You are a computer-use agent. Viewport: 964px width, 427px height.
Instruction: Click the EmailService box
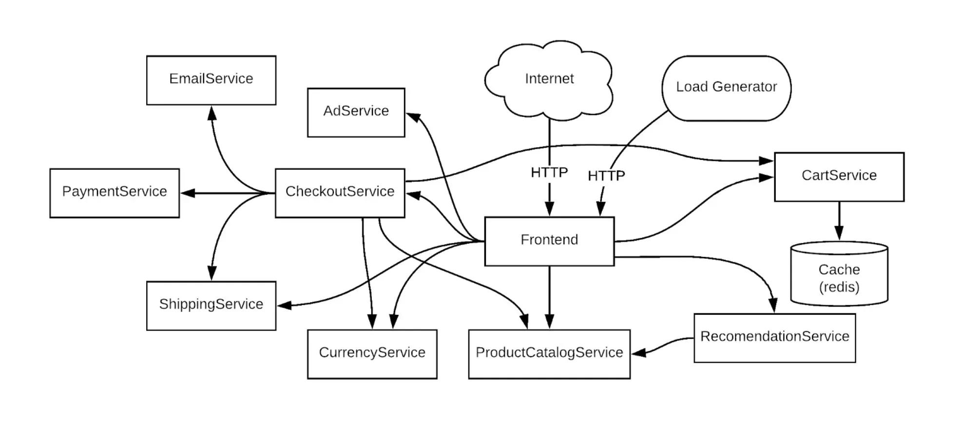coord(211,80)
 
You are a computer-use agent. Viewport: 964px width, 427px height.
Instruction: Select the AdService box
coord(356,112)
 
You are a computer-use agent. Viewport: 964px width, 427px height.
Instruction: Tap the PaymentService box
coord(115,193)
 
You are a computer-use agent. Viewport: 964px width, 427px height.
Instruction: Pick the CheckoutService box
coord(340,193)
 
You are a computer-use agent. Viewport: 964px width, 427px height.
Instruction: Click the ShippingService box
coord(211,306)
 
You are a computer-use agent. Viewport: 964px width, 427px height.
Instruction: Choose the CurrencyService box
coord(372,354)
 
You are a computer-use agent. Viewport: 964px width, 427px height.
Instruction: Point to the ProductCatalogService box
coord(549,354)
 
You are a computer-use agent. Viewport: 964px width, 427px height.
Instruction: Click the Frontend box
coord(549,241)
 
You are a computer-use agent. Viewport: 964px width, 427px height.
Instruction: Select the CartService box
coord(839,177)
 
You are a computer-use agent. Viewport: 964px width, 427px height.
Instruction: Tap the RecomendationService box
coord(774,338)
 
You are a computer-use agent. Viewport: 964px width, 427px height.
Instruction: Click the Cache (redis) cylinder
coord(839,273)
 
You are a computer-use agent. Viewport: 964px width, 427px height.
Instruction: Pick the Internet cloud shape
coord(549,80)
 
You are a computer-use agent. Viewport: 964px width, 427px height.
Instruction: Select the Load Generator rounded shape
coord(726,88)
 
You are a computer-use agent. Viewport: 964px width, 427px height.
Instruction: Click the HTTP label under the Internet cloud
coord(549,172)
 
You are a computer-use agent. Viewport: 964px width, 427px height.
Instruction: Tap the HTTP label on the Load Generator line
coord(606,175)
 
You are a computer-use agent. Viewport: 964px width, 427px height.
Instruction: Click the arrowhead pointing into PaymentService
coord(188,193)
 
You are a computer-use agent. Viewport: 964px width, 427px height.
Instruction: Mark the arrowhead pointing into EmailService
coord(212,114)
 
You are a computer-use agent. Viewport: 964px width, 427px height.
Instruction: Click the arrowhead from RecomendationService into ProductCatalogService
coord(639,352)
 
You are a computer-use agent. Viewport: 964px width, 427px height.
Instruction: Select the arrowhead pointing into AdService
coord(414,117)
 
